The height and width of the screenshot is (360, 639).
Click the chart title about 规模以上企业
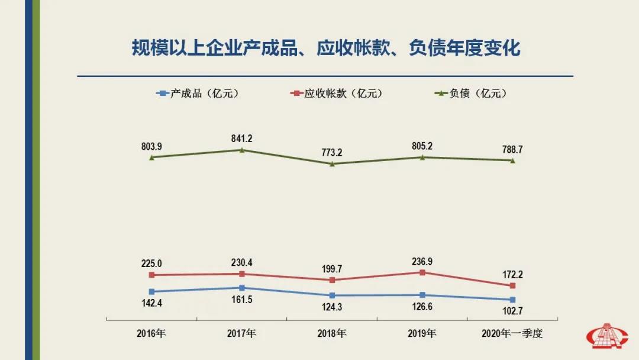click(x=326, y=48)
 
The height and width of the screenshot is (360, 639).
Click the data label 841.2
click(x=242, y=139)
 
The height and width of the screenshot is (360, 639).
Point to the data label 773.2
click(x=332, y=152)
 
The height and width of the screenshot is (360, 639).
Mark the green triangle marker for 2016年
click(x=152, y=157)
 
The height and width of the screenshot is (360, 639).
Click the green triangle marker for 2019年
click(x=422, y=157)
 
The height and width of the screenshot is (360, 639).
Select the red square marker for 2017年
click(x=242, y=274)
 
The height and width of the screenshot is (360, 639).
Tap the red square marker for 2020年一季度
click(x=512, y=286)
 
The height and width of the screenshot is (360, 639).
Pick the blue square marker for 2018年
click(x=332, y=295)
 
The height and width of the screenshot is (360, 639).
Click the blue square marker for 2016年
click(x=152, y=291)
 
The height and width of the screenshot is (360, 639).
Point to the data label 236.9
click(x=422, y=261)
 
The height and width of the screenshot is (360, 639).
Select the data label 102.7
click(x=512, y=311)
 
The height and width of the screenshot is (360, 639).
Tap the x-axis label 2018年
click(x=332, y=333)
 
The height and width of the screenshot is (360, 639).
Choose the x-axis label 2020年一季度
click(x=512, y=333)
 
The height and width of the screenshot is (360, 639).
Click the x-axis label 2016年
click(x=152, y=333)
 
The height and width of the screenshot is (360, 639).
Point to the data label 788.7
click(x=512, y=149)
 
